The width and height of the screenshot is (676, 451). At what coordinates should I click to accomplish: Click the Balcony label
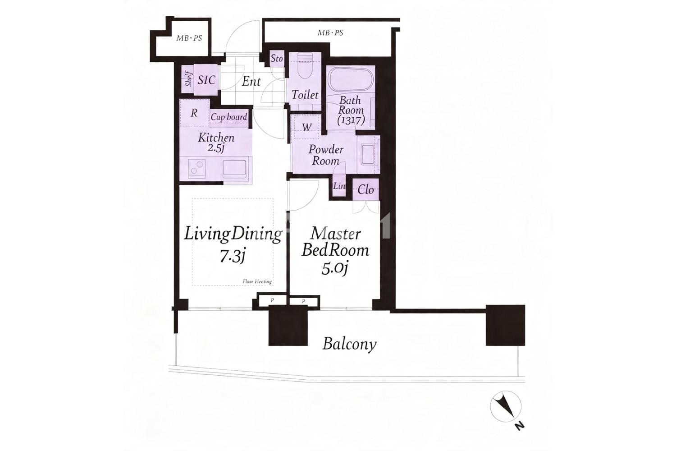(x=349, y=344)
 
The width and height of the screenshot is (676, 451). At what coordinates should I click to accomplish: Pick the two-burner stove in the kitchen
(x=196, y=167)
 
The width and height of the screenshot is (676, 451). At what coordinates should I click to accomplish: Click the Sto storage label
(x=276, y=58)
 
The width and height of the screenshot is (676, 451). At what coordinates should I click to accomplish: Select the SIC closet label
(x=207, y=80)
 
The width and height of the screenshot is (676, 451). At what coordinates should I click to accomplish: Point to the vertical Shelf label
(x=188, y=78)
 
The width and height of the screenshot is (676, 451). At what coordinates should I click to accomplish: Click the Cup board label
(x=229, y=117)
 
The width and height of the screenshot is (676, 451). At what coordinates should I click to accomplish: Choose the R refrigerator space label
(x=194, y=113)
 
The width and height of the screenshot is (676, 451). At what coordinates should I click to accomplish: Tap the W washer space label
(x=306, y=127)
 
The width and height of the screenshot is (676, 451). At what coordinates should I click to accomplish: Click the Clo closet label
(x=365, y=190)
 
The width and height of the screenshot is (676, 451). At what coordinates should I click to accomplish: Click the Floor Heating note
(x=257, y=281)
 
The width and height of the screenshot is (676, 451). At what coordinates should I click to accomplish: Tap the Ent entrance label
(x=251, y=81)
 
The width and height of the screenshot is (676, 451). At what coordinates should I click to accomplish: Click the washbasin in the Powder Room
(x=369, y=154)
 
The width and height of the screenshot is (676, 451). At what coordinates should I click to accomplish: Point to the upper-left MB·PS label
(x=189, y=38)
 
